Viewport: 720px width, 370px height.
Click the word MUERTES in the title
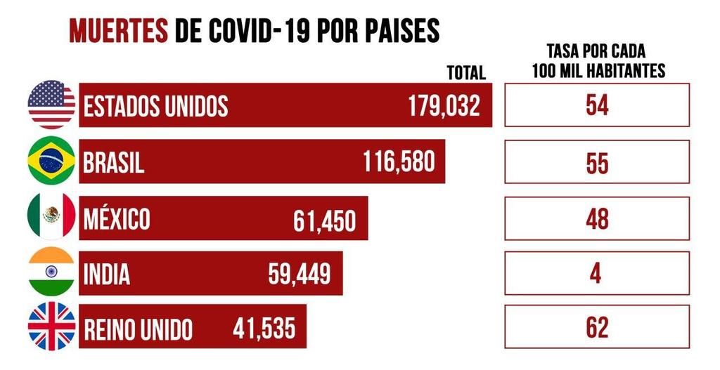coord(119,30)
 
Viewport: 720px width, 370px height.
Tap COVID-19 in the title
coord(266,30)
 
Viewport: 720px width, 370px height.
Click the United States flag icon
coord(51,105)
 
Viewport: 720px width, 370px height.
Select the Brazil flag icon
coord(51,160)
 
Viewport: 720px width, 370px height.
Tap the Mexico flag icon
coord(51,216)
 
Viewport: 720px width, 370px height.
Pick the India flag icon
coord(51,272)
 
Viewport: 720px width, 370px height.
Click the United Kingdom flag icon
coord(51,326)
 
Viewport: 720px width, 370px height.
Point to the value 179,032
coord(444,106)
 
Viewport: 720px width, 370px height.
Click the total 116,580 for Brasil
coord(399,162)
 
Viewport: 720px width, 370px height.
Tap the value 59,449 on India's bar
coord(299,275)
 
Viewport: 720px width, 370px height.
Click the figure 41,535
coord(264,328)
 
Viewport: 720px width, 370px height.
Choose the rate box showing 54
coord(597,105)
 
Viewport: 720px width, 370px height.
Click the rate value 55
coord(597,162)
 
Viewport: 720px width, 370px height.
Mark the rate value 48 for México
coord(597,218)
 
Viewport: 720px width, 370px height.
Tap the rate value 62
coord(597,327)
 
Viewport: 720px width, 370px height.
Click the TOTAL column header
coord(466,72)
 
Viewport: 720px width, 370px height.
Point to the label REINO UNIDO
coord(138,329)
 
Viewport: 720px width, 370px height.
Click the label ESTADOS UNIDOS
coord(155,106)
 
